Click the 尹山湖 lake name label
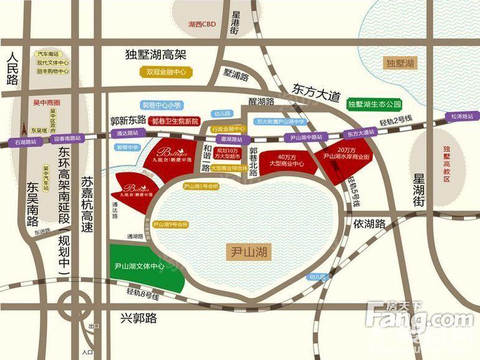click(247, 252)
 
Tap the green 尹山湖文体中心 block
click(140, 266)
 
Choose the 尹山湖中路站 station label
click(304, 137)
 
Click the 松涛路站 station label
click(461, 116)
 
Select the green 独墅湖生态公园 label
click(374, 104)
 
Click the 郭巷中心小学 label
click(160, 106)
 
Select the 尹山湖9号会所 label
click(170, 224)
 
